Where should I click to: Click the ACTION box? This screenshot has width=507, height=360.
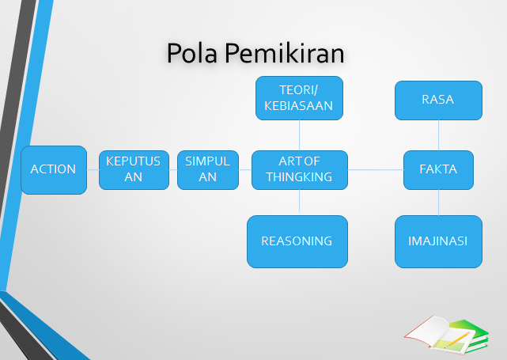pyautogui.click(x=54, y=169)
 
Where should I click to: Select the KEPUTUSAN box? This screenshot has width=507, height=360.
pyautogui.click(x=134, y=169)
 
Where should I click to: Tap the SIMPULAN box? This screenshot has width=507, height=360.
pyautogui.click(x=207, y=169)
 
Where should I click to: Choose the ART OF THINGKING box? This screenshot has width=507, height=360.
pyautogui.click(x=299, y=169)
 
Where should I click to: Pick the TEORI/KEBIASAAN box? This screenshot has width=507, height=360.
pyautogui.click(x=299, y=97)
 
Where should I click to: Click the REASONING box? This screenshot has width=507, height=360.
pyautogui.click(x=297, y=241)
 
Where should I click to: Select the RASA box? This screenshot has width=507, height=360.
pyautogui.click(x=438, y=100)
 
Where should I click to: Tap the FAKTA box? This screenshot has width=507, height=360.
pyautogui.click(x=438, y=169)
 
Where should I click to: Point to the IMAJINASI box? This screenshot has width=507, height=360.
pyautogui.click(x=438, y=241)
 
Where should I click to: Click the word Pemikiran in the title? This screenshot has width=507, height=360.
pyautogui.click(x=284, y=53)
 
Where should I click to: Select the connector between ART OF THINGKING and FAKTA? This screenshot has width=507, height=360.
pyautogui.click(x=375, y=169)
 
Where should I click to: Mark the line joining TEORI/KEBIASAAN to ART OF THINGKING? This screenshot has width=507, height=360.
pyautogui.click(x=299, y=135)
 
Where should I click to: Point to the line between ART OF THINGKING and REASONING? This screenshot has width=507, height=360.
pyautogui.click(x=299, y=203)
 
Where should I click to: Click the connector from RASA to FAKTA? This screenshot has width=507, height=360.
pyautogui.click(x=438, y=135)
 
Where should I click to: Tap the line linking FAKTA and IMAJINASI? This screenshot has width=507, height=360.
pyautogui.click(x=438, y=203)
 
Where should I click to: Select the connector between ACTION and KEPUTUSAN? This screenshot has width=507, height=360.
pyautogui.click(x=93, y=169)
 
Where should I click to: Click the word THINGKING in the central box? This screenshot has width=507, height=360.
pyautogui.click(x=299, y=176)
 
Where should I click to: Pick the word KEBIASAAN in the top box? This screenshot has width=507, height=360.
pyautogui.click(x=299, y=104)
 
